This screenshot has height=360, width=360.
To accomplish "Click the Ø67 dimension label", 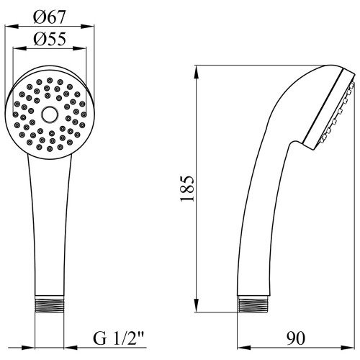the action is (x=50, y=17).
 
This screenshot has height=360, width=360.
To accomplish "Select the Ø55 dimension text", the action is (x=50, y=40).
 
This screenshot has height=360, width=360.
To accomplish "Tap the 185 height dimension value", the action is (x=187, y=189).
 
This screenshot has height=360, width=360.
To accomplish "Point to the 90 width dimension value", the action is (x=296, y=338).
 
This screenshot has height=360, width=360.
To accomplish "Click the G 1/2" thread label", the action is (x=118, y=338).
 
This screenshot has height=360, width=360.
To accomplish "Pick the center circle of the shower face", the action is (x=50, y=114).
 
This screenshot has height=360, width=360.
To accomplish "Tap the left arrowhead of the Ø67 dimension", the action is (x=12, y=26).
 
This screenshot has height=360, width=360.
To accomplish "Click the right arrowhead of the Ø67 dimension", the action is (x=88, y=26).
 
